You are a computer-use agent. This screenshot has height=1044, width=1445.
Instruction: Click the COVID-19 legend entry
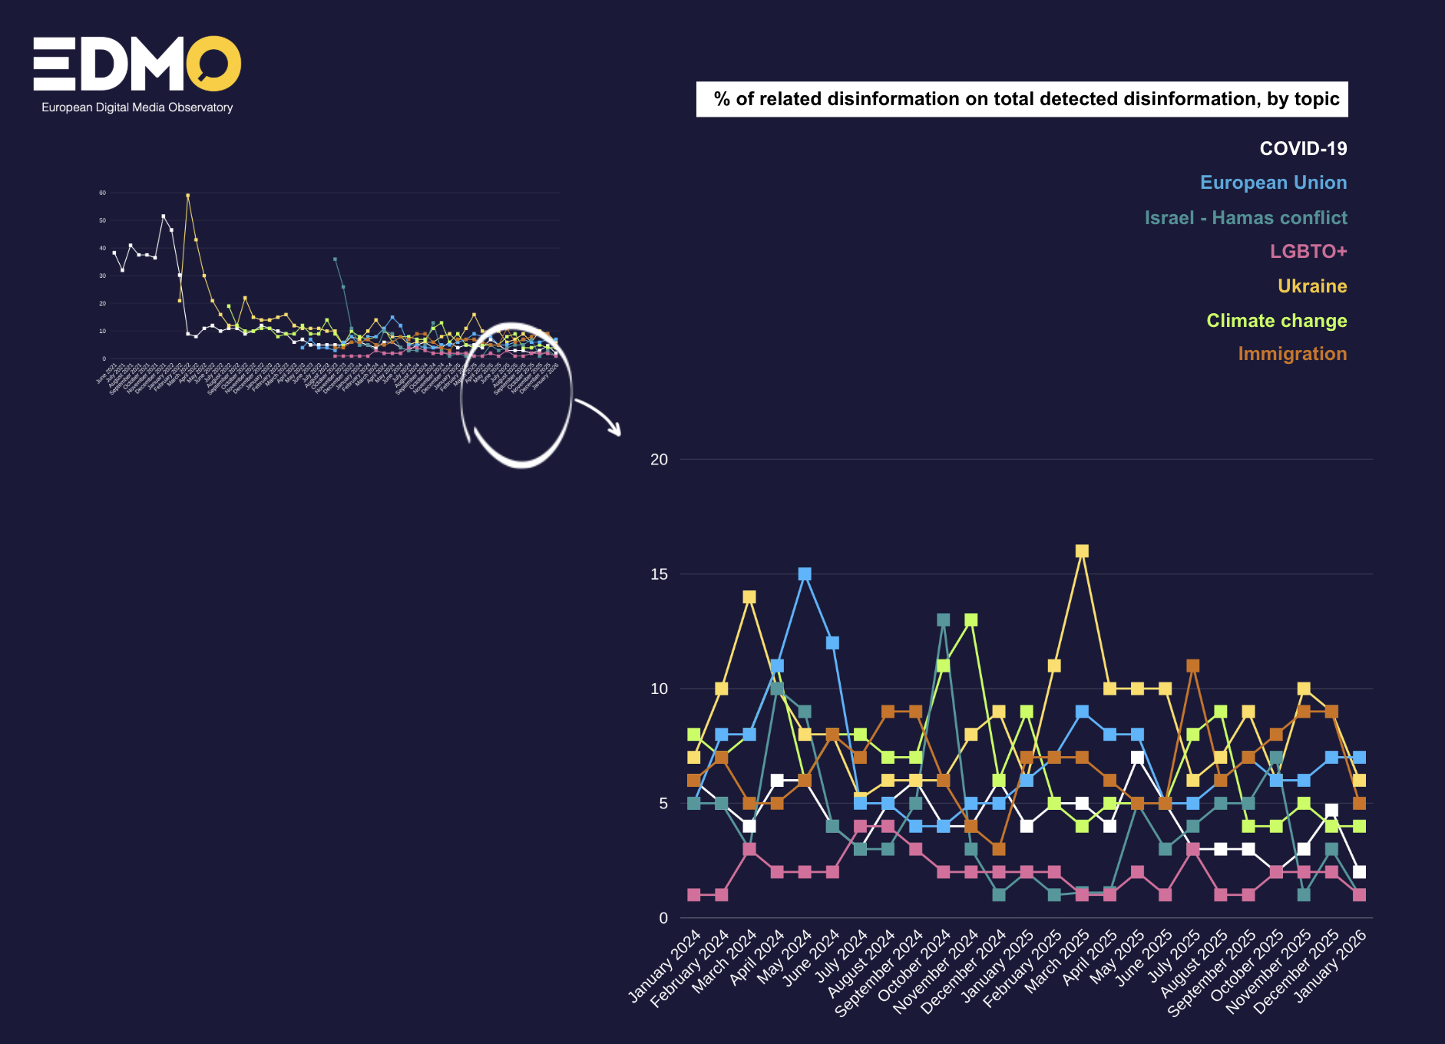1303,149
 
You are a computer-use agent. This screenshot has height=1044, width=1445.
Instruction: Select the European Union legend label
1273,183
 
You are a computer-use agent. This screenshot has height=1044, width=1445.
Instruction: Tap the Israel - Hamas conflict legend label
1245,218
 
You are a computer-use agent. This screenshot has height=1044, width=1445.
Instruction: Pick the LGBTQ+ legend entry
1308,252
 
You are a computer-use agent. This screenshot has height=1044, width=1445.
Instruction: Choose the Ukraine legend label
1311,286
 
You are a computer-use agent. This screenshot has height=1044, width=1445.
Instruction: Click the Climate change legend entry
1276,321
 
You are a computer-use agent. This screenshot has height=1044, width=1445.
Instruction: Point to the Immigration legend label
1291,354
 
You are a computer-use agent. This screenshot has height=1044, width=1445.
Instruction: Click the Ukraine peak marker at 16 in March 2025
1082,551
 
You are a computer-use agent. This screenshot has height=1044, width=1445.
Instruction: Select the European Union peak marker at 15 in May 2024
805,574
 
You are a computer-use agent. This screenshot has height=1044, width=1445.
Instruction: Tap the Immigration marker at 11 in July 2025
1192,666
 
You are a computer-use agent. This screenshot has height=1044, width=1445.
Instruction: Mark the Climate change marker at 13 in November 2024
970,620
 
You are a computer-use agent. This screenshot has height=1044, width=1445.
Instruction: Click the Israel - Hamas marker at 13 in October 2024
943,620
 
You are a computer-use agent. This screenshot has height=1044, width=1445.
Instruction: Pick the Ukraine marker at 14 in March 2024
749,597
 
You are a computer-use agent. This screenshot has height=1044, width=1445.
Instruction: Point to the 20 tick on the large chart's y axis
659,460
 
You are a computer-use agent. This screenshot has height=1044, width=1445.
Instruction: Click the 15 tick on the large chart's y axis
659,574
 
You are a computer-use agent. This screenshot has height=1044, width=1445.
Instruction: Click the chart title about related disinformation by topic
1022,99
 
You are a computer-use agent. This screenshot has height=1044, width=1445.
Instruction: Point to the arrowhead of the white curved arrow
617,431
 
